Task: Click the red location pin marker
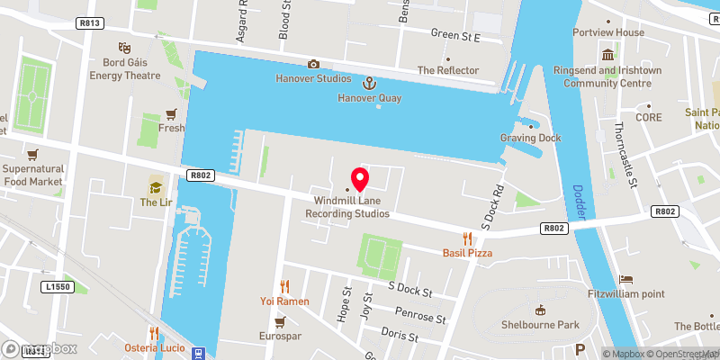point(360,178)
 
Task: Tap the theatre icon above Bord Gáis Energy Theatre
point(123,47)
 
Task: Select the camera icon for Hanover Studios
point(313,64)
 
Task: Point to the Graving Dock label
point(530,138)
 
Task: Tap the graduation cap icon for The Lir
point(156,187)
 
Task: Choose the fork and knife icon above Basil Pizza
point(466,238)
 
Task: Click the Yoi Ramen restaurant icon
point(285,285)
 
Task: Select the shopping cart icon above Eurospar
point(279,321)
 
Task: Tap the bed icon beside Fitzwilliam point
point(626,280)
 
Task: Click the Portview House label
point(609,32)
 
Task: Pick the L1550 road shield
point(56,286)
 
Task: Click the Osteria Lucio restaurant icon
point(154,332)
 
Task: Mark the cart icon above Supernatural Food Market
point(33,154)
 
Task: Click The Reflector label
point(448,70)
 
